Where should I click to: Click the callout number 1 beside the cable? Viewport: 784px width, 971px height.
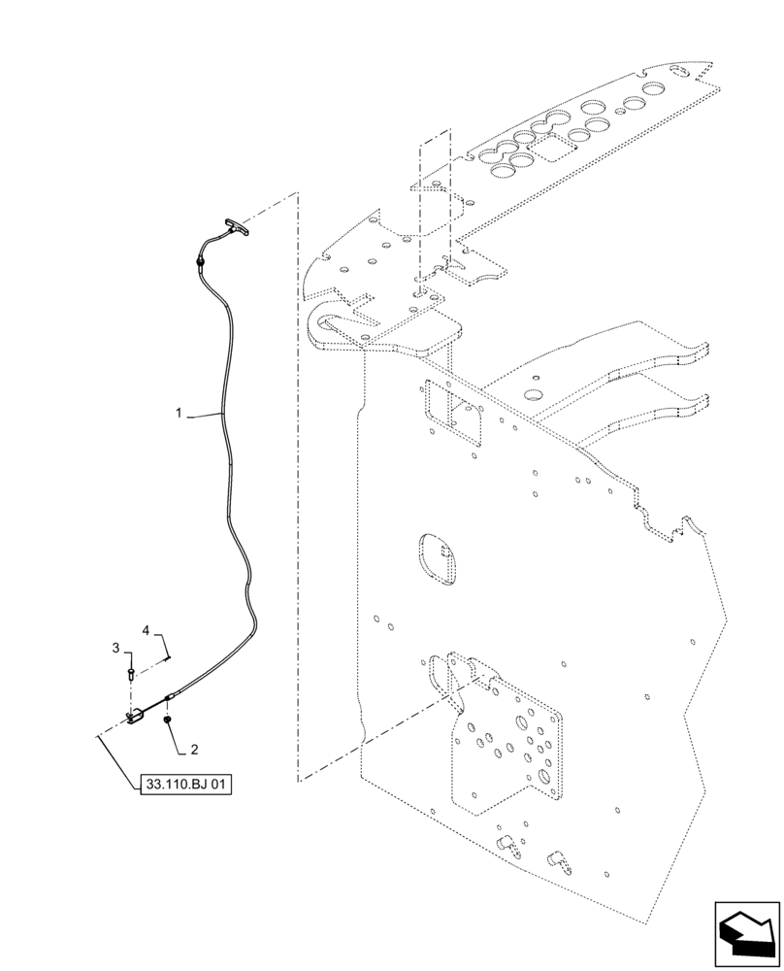point(179,414)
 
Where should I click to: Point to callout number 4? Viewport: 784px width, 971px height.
point(147,631)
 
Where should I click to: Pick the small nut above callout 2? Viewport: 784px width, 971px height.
point(168,720)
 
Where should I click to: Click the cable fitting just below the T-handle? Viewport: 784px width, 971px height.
point(200,260)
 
